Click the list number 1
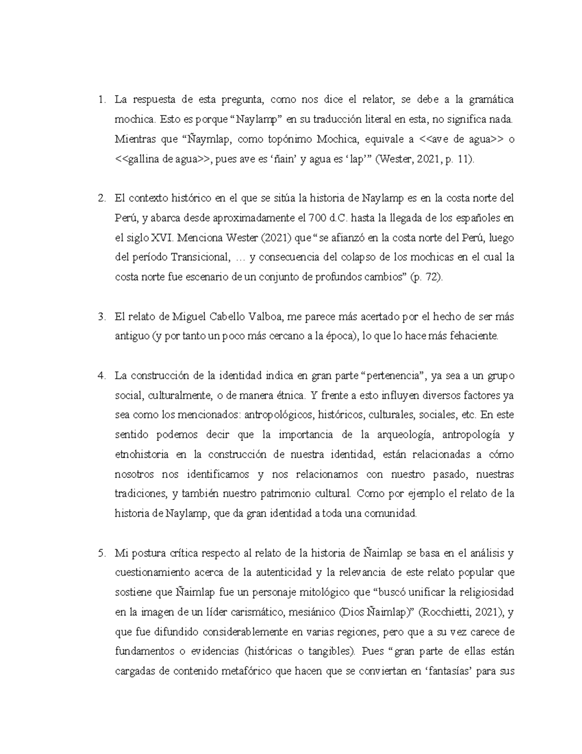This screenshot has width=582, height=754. point(100,101)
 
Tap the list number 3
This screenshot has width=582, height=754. point(101,317)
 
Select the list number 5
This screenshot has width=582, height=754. point(101,553)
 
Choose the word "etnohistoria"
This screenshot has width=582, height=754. point(142,454)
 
